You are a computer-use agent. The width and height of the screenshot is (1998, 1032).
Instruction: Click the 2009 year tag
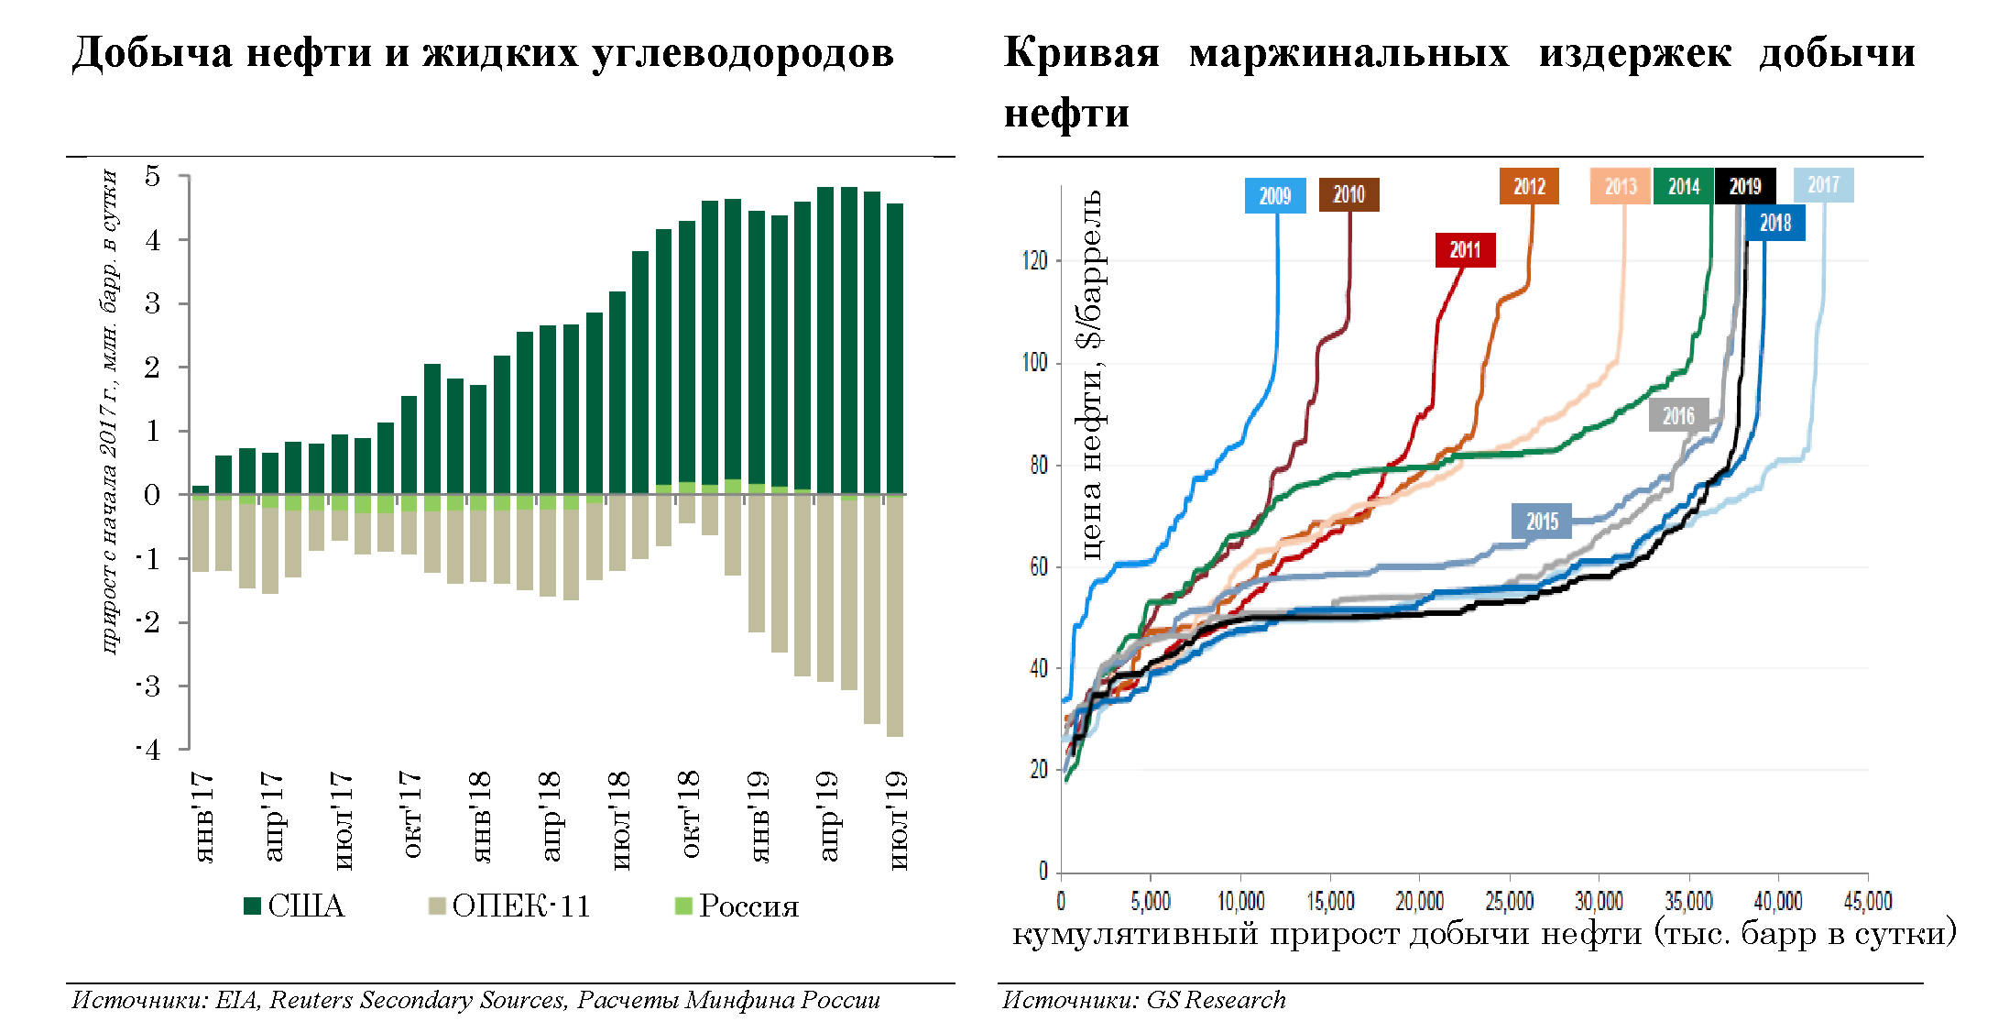pyautogui.click(x=1274, y=196)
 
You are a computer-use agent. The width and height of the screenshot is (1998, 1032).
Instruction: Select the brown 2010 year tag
pyautogui.click(x=1348, y=194)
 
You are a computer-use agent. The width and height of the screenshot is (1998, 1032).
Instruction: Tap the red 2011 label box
pyautogui.click(x=1465, y=250)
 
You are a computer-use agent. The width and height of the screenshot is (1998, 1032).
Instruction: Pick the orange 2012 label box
pyautogui.click(x=1529, y=187)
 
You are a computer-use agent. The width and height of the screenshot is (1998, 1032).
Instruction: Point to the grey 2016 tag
pyautogui.click(x=1678, y=416)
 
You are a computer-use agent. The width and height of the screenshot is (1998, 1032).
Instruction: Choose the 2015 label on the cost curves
pyautogui.click(x=1542, y=521)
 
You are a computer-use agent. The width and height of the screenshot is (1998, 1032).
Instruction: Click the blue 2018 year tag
pyautogui.click(x=1774, y=224)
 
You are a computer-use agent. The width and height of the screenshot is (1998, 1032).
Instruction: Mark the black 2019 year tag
pyautogui.click(x=1744, y=187)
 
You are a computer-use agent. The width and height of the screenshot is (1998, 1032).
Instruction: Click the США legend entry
pyautogui.click(x=295, y=906)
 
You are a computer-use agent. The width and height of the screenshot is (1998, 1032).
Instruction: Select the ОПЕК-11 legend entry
pyautogui.click(x=510, y=906)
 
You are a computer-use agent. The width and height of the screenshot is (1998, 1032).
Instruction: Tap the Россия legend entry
pyautogui.click(x=737, y=906)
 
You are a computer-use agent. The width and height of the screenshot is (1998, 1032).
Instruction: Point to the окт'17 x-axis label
pyautogui.click(x=411, y=815)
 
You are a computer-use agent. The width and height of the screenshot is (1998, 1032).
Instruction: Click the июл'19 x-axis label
pyautogui.click(x=899, y=819)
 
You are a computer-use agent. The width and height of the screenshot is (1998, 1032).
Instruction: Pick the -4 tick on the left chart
pyautogui.click(x=149, y=750)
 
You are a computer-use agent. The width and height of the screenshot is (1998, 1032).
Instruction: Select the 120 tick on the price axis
pyautogui.click(x=1034, y=261)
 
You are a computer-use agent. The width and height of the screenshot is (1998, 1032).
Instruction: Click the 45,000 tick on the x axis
pyautogui.click(x=1867, y=902)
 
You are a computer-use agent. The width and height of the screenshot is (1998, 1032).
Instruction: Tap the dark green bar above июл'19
pyautogui.click(x=895, y=348)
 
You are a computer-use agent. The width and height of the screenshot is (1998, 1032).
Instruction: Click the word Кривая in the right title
pyautogui.click(x=1081, y=53)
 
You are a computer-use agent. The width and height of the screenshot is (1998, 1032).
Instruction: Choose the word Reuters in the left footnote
pyautogui.click(x=310, y=1000)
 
